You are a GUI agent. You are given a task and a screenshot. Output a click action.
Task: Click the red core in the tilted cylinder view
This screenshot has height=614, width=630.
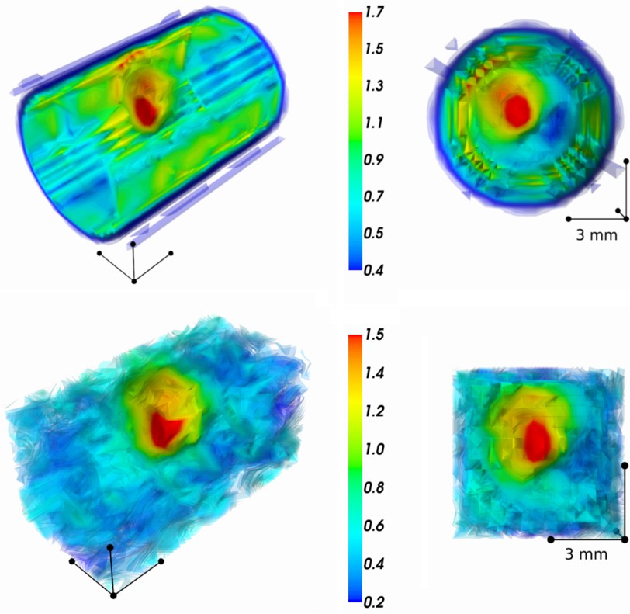click(x=145, y=109)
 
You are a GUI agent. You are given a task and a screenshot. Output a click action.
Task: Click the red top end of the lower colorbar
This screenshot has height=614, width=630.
click(x=355, y=339)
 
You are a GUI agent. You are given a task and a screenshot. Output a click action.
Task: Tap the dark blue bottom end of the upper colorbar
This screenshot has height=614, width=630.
click(x=355, y=265)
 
